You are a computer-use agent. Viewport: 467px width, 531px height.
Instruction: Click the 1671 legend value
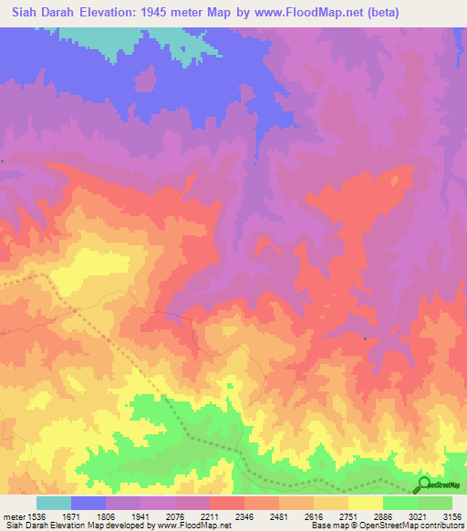pos(82,515)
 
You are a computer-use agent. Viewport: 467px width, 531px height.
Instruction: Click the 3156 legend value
pos(452,515)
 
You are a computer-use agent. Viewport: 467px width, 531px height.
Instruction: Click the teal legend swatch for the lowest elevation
pos(53,503)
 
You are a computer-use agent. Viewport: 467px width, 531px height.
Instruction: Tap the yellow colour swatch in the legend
pos(365,503)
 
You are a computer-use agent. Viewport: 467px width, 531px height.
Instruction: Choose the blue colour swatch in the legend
pos(88,503)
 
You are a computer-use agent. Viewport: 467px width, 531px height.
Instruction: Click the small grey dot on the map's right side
pos(365,338)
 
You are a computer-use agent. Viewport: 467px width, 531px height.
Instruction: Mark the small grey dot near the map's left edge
pos(4,161)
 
